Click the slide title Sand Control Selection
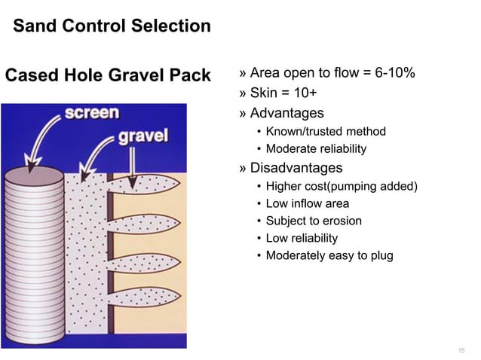click(x=112, y=27)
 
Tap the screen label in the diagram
click(x=91, y=113)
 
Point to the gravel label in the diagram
click(x=142, y=137)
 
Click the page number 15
click(x=461, y=352)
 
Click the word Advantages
click(x=286, y=113)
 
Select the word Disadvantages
click(x=296, y=167)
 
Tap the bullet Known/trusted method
click(x=326, y=132)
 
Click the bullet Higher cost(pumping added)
click(x=342, y=186)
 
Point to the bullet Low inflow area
click(x=307, y=203)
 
